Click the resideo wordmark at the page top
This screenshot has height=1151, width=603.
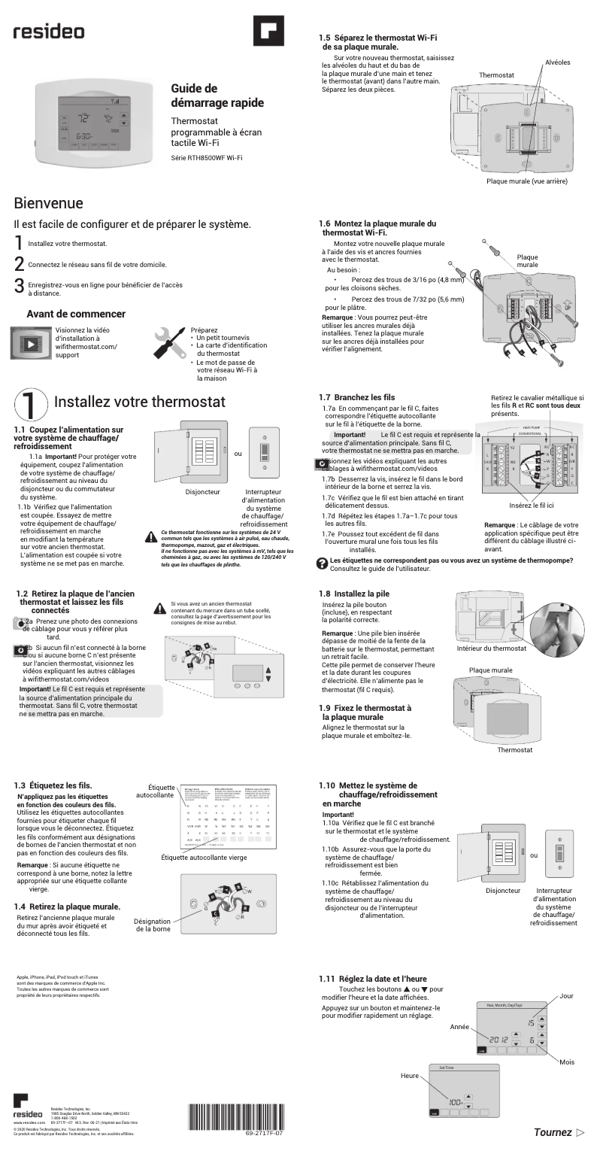point(49,32)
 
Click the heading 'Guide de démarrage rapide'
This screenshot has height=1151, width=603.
point(217,96)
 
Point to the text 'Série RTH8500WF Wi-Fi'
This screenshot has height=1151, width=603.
point(207,157)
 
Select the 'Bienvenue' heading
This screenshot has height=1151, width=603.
point(48,204)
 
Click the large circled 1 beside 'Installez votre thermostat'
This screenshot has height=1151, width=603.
point(30,403)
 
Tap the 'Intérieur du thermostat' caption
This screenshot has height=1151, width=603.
point(492,648)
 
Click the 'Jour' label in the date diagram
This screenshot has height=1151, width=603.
point(566,996)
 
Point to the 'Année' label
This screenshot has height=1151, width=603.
point(459,1026)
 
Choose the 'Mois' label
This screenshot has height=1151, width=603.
point(567,1061)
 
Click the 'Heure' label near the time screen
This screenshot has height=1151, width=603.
point(410,1076)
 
